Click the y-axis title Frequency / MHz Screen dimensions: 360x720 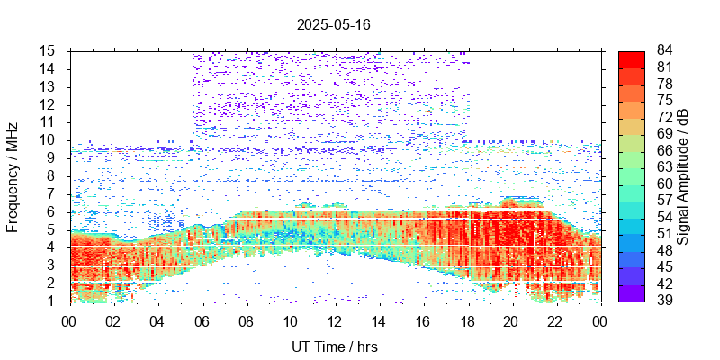tap(13, 175)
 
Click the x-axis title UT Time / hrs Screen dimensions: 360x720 tap(334, 346)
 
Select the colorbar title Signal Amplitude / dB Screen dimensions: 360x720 tap(683, 175)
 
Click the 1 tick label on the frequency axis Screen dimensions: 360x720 tap(52, 301)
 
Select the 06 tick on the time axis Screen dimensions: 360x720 tap(202, 319)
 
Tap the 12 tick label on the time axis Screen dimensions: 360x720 tap(334, 319)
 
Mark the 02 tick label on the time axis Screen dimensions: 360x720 tap(113, 319)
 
